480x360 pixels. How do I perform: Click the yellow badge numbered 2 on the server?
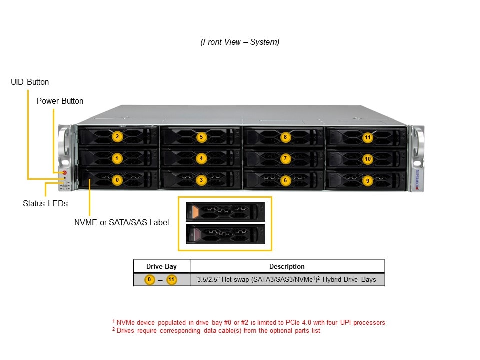(x=117, y=136)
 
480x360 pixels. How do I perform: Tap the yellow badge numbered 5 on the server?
(x=201, y=136)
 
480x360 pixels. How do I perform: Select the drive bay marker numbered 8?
(x=285, y=136)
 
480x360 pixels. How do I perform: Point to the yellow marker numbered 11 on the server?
(x=368, y=137)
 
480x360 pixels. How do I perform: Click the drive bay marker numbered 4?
(x=201, y=158)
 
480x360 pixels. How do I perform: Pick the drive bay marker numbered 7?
(x=285, y=158)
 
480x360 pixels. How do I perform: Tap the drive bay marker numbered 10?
(x=368, y=159)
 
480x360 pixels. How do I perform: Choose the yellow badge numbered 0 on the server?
(x=117, y=180)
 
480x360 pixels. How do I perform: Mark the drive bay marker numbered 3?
(x=201, y=180)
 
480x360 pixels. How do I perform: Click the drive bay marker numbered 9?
(x=368, y=181)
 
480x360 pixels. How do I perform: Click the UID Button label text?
(x=30, y=82)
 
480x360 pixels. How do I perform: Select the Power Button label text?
(x=60, y=101)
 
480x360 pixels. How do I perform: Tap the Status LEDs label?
(x=45, y=203)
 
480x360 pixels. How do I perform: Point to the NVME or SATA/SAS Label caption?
(x=121, y=222)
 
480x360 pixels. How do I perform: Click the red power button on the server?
(x=64, y=173)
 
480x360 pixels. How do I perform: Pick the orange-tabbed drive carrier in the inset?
(x=225, y=211)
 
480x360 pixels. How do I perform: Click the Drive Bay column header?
(x=161, y=266)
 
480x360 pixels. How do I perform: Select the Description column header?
(x=287, y=266)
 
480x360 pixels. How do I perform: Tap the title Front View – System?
(x=240, y=42)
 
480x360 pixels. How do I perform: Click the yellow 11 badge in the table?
(x=171, y=279)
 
